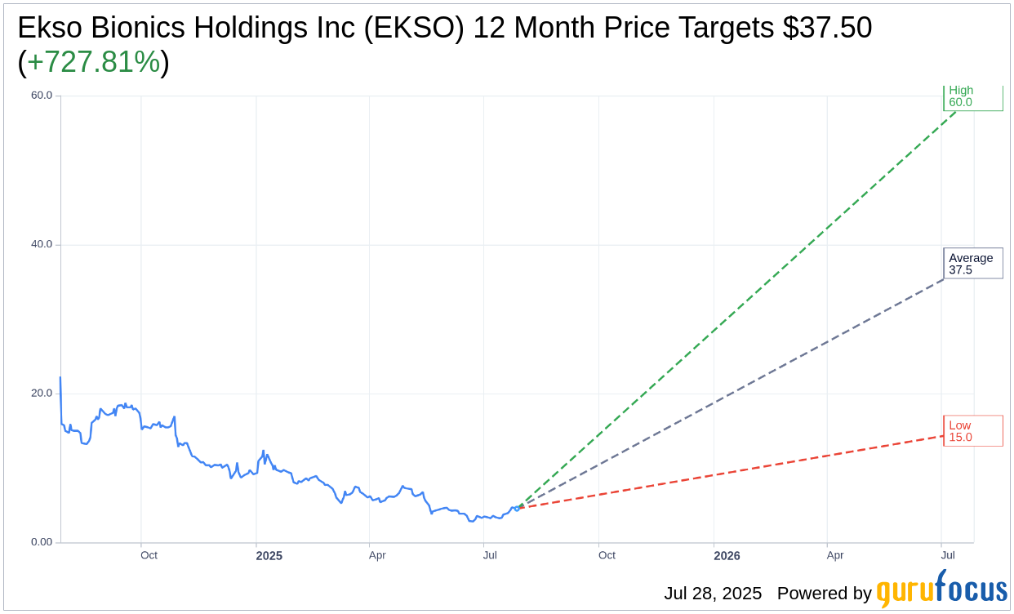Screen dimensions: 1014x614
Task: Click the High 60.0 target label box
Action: tap(973, 97)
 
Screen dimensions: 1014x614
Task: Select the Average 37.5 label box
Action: tap(973, 264)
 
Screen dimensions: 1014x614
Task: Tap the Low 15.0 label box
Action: tap(973, 430)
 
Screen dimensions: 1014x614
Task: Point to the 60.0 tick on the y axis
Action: tap(42, 96)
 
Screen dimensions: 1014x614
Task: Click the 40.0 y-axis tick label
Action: tap(42, 244)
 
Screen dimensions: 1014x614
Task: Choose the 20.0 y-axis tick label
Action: tap(42, 393)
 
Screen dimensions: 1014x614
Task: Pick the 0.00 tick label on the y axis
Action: tap(42, 542)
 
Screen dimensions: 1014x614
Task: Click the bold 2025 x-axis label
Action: tap(269, 555)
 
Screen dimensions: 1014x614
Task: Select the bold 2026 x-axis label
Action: tap(727, 555)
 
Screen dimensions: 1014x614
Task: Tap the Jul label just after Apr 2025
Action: tap(490, 555)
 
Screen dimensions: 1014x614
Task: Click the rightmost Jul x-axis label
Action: tap(948, 555)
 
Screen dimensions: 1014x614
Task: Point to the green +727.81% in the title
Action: tap(94, 61)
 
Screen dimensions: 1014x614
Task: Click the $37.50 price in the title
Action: tap(828, 28)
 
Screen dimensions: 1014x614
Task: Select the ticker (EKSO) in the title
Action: tap(414, 28)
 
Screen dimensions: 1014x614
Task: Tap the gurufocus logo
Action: tap(942, 589)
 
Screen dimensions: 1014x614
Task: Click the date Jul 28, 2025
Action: tap(713, 593)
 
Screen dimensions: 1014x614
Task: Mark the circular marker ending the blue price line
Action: tap(517, 509)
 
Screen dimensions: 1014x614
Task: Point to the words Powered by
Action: tap(825, 594)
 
